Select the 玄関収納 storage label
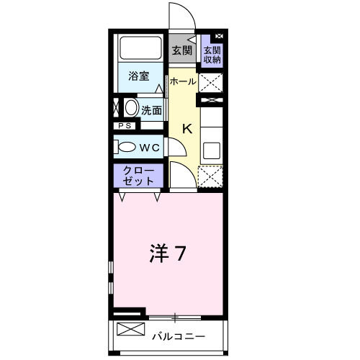coord(212,55)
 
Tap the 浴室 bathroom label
coord(139,76)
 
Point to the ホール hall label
coord(182,82)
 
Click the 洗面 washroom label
coord(151,111)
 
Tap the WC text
coord(149,147)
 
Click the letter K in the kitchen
coord(186,130)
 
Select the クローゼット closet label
coord(138,175)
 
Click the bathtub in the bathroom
coord(142,49)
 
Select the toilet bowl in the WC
coord(126,147)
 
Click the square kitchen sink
coord(212,150)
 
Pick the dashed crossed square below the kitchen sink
coord(211,176)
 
